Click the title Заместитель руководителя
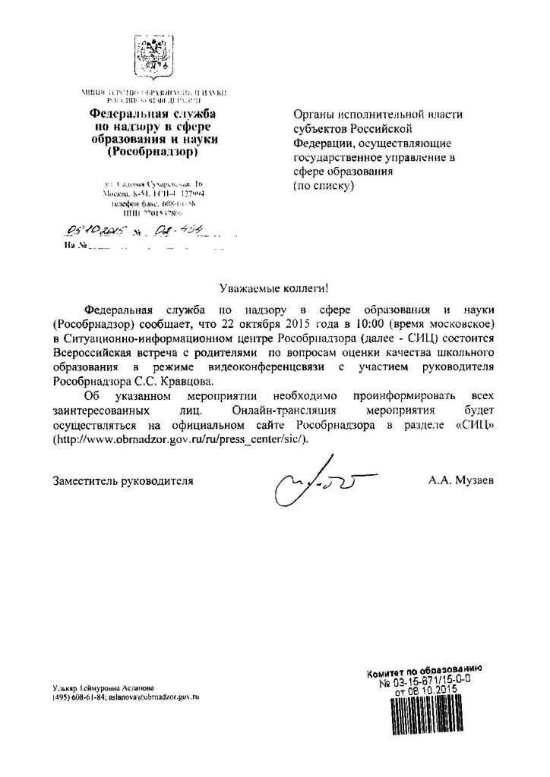pyautogui.click(x=123, y=480)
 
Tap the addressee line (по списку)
pyautogui.click(x=324, y=184)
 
